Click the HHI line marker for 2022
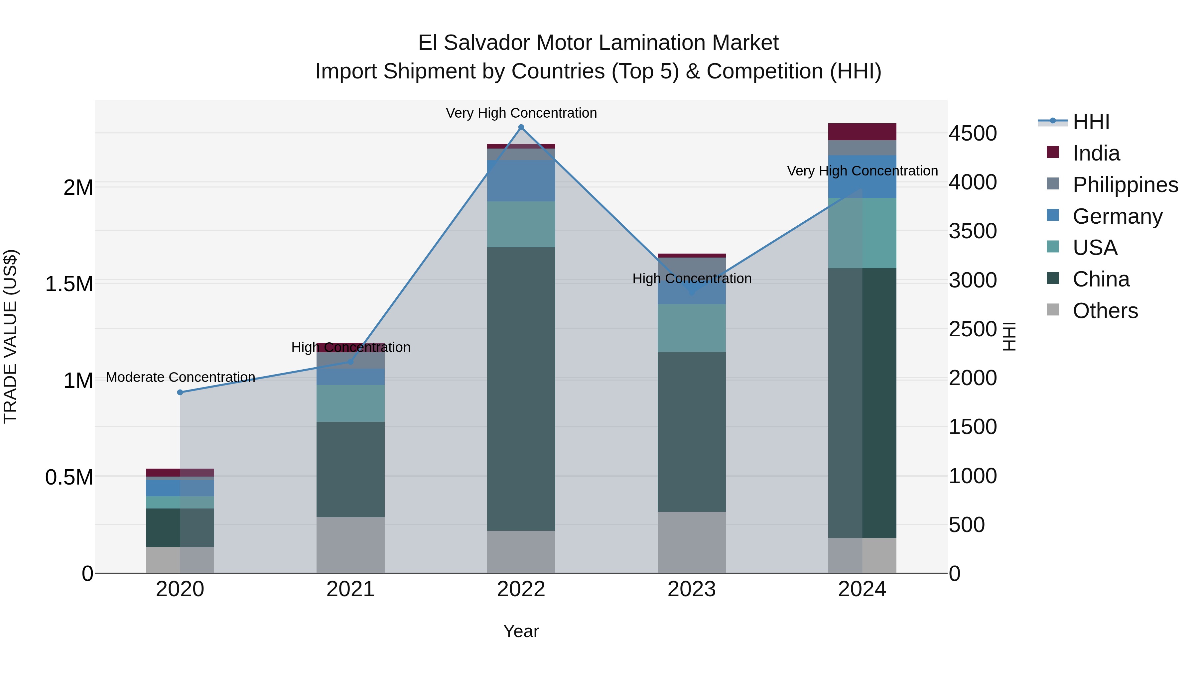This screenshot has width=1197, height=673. [x=521, y=127]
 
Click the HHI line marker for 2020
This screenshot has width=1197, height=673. [x=180, y=393]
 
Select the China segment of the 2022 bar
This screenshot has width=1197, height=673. [x=521, y=389]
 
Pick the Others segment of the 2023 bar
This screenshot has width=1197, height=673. [x=692, y=542]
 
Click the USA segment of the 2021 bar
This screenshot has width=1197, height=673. [x=350, y=403]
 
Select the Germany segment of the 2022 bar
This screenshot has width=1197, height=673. [x=521, y=181]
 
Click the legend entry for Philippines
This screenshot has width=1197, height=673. [x=1125, y=185]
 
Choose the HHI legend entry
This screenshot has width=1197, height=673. [x=1091, y=122]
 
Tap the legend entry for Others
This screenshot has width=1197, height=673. [x=1105, y=311]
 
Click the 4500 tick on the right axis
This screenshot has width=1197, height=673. [x=973, y=134]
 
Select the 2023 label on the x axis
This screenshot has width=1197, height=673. [x=692, y=589]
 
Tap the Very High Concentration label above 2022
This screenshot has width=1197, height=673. [x=521, y=113]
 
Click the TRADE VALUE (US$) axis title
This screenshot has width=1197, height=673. [x=10, y=336]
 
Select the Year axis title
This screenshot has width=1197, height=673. [x=521, y=631]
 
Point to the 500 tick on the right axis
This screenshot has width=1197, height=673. [x=967, y=525]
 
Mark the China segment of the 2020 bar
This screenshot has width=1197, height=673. [x=180, y=528]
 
